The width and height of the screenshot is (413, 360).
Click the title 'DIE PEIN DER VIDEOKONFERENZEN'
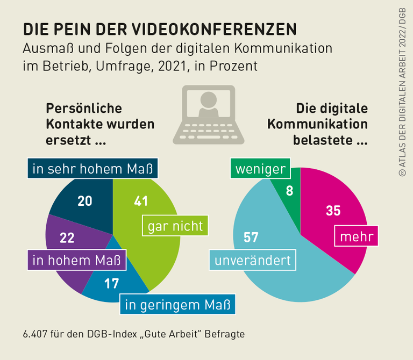(x=159, y=28)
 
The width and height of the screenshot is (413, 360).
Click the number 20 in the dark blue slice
(x=85, y=201)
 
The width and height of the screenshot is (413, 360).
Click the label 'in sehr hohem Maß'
(x=92, y=169)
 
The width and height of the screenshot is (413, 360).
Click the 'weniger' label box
(x=260, y=169)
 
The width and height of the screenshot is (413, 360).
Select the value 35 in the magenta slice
(x=333, y=211)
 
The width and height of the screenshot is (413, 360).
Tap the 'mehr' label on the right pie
(x=357, y=236)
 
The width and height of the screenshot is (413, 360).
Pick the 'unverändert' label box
(x=252, y=261)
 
